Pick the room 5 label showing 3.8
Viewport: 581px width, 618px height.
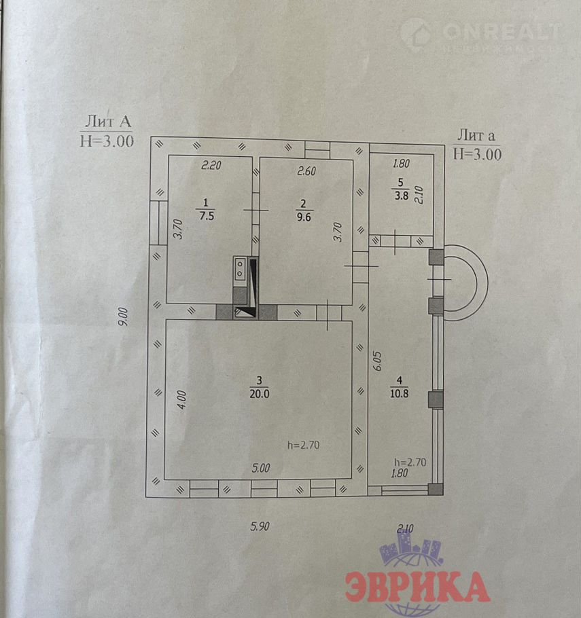click(401, 189)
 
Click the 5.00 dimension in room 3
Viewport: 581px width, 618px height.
click(260, 467)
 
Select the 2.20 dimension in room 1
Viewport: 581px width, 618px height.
click(211, 164)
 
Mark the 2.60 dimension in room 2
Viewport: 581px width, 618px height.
click(306, 171)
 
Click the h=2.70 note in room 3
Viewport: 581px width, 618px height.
click(303, 446)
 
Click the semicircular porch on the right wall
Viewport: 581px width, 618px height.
click(469, 280)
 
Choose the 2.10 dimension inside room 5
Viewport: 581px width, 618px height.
click(419, 195)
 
